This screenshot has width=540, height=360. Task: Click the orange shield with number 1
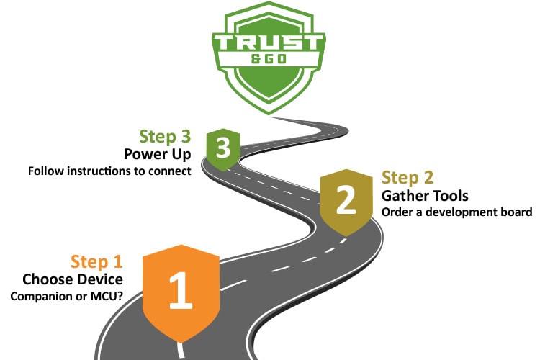180,289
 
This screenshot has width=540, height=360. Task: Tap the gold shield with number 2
346,200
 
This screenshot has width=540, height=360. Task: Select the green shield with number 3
223,148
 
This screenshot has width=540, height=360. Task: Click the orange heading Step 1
96,261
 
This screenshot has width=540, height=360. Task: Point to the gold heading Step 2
408,178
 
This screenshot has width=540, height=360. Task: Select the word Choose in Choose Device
46,279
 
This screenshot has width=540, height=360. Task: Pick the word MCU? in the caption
107,297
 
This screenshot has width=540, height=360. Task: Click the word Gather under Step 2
405,195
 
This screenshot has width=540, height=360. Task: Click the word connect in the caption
174,171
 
